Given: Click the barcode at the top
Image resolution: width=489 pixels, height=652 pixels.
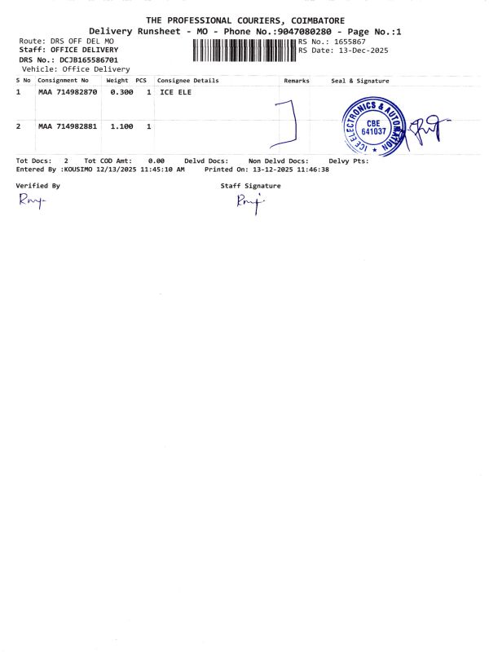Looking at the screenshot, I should [244, 51].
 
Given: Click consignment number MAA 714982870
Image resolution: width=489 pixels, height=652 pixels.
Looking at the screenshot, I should [68, 93].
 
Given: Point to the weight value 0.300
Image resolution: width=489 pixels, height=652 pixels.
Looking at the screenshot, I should [121, 93].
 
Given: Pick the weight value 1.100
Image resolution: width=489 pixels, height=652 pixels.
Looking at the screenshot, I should [121, 126].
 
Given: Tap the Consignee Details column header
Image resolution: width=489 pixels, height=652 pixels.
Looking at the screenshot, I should [187, 81].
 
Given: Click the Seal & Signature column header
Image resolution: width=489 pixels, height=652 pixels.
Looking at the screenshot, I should [360, 81].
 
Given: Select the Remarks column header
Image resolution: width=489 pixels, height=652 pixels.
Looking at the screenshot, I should [297, 81].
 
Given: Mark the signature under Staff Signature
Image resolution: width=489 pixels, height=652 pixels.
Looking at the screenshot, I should [248, 203].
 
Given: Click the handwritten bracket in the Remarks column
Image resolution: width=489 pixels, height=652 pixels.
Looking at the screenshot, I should [290, 122].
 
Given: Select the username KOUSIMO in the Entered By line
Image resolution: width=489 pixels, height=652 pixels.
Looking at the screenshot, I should [77, 170].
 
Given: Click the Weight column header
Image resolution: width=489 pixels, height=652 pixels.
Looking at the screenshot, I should [117, 81].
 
